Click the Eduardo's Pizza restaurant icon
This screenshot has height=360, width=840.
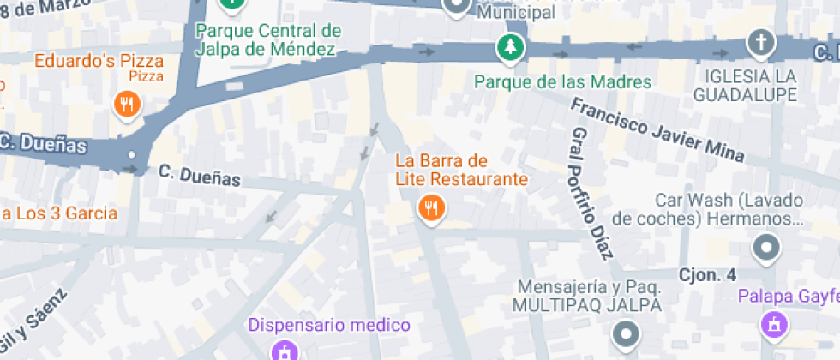tap(127, 105)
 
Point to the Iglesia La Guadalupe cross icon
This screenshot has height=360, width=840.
tap(759, 41)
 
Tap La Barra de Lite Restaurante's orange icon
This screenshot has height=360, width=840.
tap(430, 207)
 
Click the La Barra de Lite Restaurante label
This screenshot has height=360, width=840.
tap(460, 171)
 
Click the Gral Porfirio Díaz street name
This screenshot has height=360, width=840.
tap(592, 194)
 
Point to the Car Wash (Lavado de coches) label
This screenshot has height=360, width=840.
tap(729, 209)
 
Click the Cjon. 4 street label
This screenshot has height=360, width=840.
tap(707, 275)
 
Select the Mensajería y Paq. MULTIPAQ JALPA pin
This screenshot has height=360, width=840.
tap(626, 333)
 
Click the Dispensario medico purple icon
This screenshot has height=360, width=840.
tap(284, 351)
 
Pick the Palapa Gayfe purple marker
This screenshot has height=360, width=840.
tap(773, 324)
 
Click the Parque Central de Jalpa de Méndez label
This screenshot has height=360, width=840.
tap(268, 39)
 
